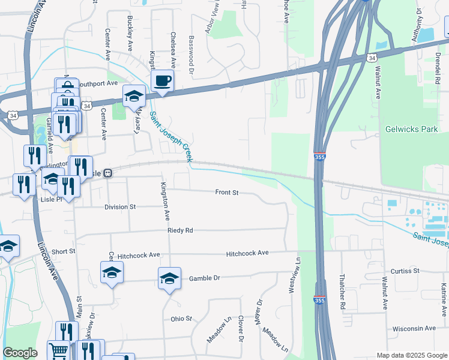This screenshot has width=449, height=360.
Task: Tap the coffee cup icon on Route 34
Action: coord(162,80)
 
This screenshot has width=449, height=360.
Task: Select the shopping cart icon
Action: coord(58,350)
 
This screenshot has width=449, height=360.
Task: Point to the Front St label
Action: coord(227,193)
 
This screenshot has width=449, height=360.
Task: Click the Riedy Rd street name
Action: coord(180,230)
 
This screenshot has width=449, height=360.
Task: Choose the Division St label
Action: coord(120,207)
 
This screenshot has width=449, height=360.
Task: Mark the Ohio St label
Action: coord(181,319)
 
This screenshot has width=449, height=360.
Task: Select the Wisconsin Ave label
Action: coord(414,329)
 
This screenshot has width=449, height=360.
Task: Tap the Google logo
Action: coord(20,353)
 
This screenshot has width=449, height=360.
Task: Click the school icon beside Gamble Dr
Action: coord(170,278)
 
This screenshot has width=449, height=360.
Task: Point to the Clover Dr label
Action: coord(241,329)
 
